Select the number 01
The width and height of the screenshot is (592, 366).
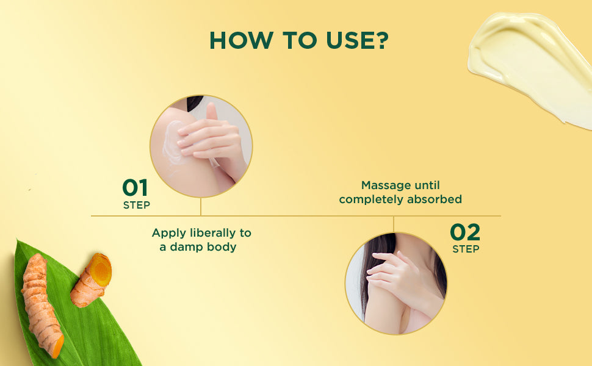135,187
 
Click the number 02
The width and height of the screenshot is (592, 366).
465,232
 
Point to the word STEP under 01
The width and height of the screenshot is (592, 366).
136,205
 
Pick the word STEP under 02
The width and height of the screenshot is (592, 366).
466,249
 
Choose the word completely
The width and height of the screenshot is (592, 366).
372,199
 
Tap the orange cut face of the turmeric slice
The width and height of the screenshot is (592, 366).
100,271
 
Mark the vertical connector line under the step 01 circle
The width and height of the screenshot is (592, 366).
201,206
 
